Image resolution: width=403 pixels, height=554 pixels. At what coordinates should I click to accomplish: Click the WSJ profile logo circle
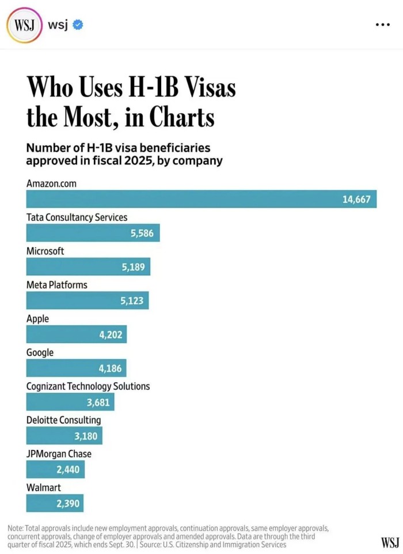24,25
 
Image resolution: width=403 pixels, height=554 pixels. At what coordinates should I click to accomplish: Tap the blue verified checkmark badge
77,25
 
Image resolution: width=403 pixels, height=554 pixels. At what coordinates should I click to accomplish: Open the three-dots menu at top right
382,25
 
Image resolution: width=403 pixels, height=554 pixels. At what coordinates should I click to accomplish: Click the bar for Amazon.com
201,199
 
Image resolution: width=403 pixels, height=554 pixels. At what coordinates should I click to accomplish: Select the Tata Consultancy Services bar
93,233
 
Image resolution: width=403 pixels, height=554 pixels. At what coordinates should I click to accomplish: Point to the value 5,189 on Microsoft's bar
133,267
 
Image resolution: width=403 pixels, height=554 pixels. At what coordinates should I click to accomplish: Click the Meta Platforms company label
57,284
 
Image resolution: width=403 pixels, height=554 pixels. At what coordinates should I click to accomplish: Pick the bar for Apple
77,334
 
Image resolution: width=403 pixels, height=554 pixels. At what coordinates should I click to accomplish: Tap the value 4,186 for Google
111,368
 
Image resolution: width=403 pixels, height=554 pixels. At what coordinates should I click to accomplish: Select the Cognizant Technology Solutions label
88,386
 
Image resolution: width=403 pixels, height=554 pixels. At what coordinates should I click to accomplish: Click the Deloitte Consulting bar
64,436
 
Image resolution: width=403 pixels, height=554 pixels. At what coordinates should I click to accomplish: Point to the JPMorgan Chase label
59,454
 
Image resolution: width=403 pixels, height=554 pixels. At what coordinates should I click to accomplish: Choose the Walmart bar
55,503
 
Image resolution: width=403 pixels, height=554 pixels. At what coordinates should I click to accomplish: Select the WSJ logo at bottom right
389,542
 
